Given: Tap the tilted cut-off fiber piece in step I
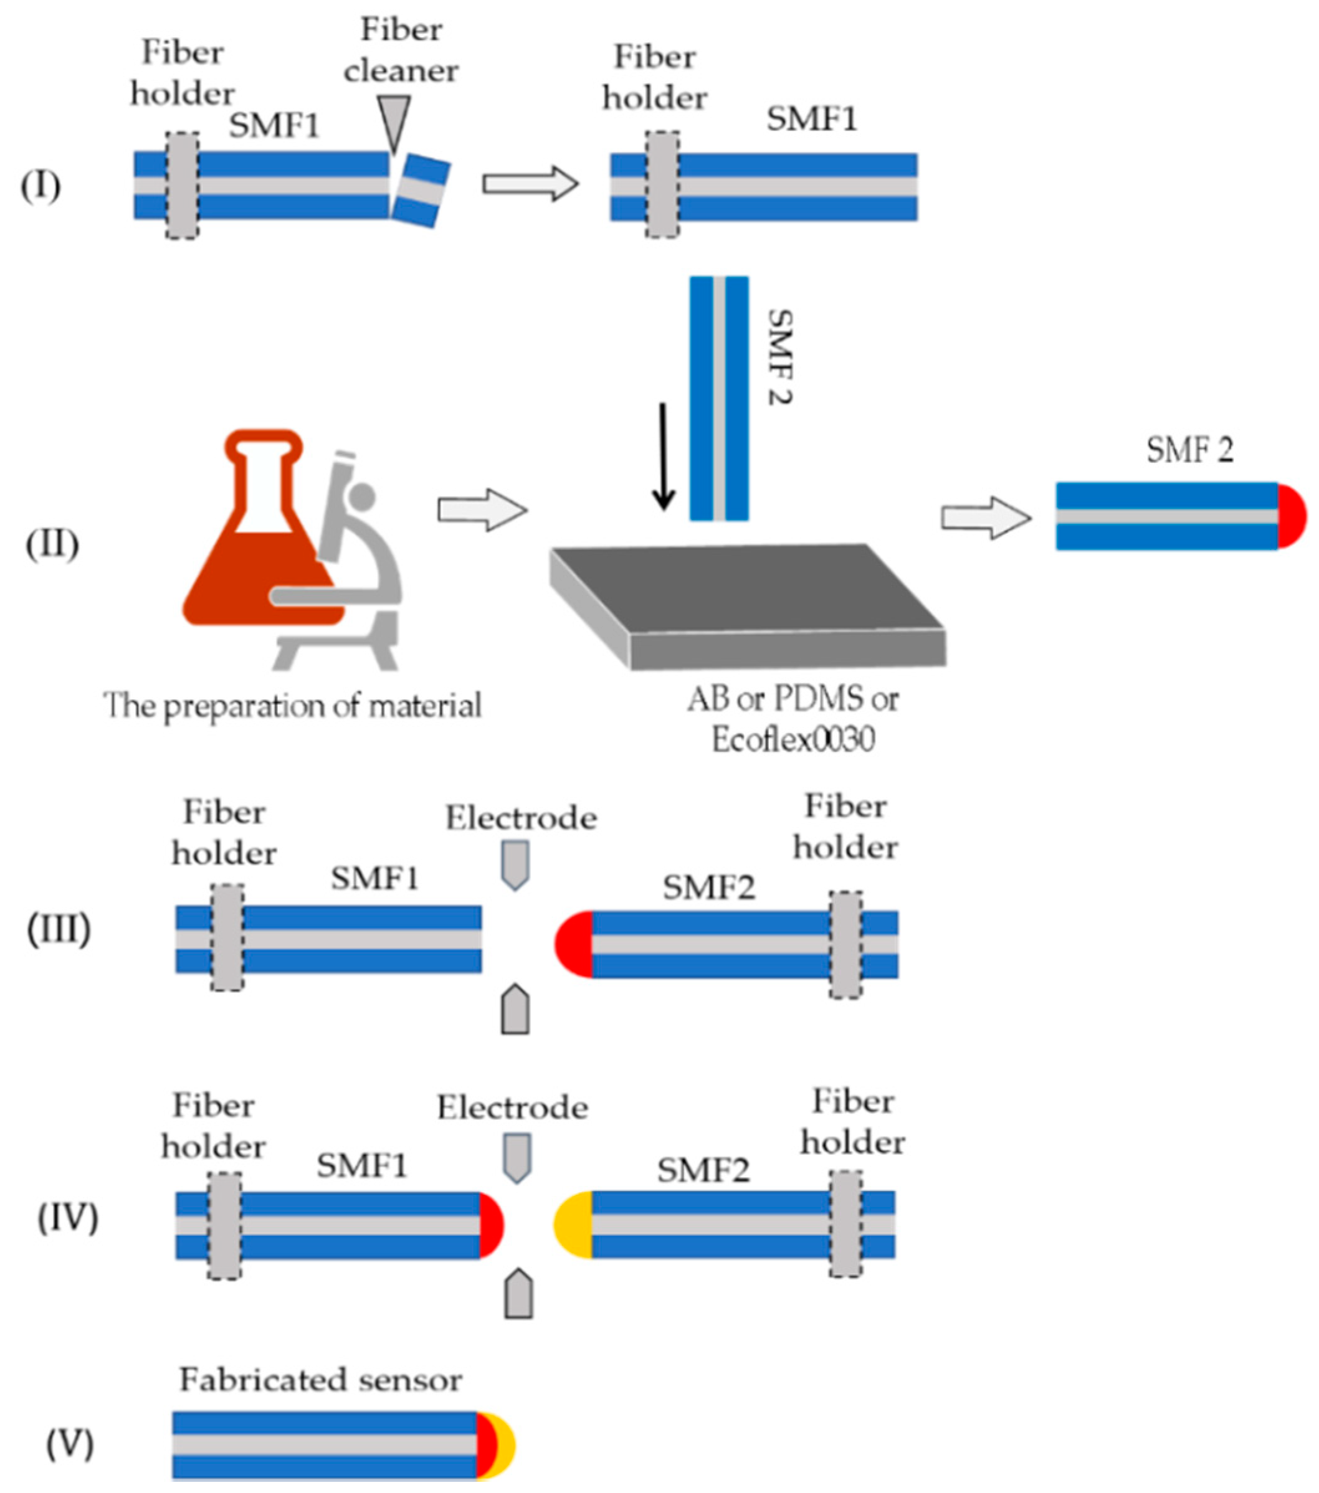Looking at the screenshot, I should point(421,191).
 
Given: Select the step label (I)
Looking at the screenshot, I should point(40,186).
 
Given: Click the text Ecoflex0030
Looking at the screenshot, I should point(793,740).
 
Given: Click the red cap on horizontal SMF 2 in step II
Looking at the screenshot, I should point(1290,516).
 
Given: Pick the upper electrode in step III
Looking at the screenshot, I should point(515,865).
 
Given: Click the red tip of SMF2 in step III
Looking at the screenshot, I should point(574,944).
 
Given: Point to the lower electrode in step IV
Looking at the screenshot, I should point(518,1294).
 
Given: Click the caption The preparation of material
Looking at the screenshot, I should point(292,706).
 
